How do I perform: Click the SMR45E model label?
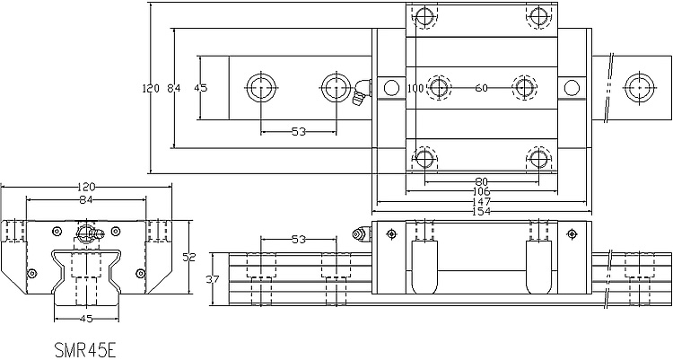point(85,350)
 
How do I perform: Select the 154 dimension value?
point(481,211)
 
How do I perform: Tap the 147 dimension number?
point(481,201)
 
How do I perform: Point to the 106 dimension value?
point(481,191)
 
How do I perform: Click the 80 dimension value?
point(482,182)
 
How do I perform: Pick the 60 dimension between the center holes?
point(482,88)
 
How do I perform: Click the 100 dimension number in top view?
point(415,89)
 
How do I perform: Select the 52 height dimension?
point(188,258)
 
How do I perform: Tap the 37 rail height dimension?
point(213,280)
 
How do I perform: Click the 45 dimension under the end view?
point(86,319)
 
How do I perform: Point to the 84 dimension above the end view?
point(86,199)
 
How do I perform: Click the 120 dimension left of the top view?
point(151,89)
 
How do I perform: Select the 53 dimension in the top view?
point(299,132)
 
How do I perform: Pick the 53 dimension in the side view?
point(299,240)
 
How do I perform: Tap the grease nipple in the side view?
point(362,234)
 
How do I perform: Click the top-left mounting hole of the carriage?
point(424,17)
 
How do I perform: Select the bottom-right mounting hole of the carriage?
point(538,159)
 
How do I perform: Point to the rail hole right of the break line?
point(640,88)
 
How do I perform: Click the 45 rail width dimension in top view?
point(200,88)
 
